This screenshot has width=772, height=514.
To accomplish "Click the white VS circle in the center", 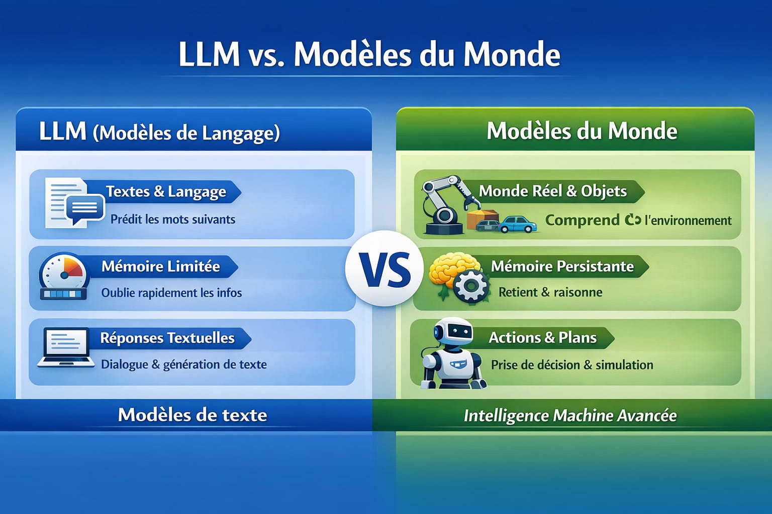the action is (384, 269).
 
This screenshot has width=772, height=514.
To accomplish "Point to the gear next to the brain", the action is (471, 287).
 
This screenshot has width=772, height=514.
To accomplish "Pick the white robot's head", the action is (453, 333).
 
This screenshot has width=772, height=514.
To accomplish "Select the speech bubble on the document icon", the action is (85, 208).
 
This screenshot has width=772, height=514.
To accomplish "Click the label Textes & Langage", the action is (166, 192).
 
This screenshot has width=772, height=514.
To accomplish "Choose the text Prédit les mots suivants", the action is (173, 219).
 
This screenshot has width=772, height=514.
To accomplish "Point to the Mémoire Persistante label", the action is (562, 266).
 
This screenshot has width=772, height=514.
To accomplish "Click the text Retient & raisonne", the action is (550, 292).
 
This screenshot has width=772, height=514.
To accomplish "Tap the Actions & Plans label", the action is (542, 337).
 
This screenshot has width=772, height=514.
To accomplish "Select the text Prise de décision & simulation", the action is (572, 365).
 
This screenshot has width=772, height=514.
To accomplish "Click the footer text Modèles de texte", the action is (192, 415).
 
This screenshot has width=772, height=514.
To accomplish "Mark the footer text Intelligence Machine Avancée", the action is (570, 416).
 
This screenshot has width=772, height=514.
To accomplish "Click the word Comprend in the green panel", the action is (582, 220).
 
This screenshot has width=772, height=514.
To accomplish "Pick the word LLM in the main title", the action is (209, 54).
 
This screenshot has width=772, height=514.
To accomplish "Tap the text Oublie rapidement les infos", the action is (171, 293).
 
